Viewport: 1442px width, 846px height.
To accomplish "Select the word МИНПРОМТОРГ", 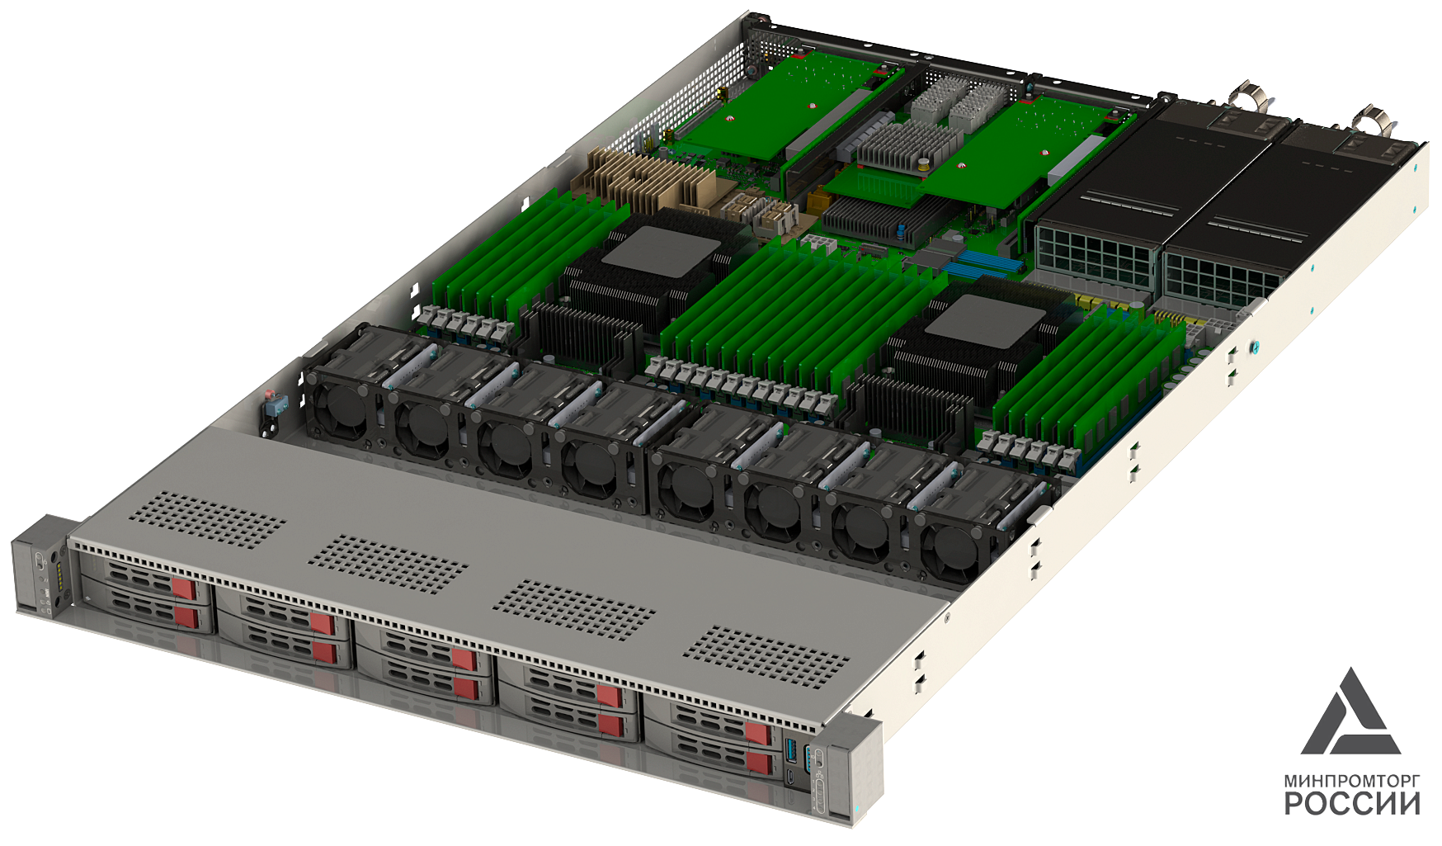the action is coord(1352,780).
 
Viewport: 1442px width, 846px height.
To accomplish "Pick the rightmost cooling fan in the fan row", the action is coord(954,546).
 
